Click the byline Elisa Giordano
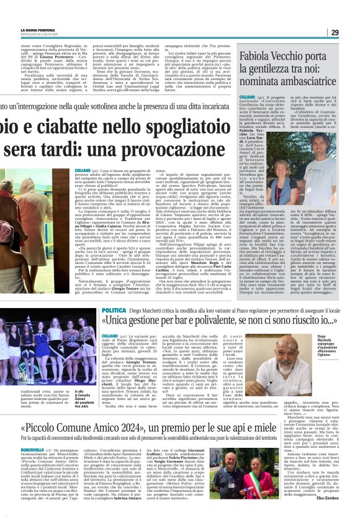click(340, 516)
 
